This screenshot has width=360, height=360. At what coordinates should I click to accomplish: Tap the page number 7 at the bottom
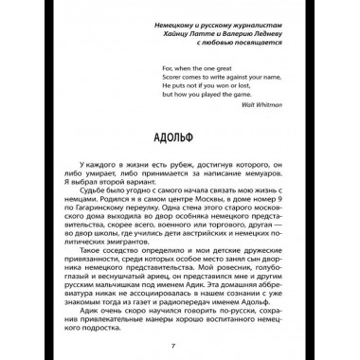179,341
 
